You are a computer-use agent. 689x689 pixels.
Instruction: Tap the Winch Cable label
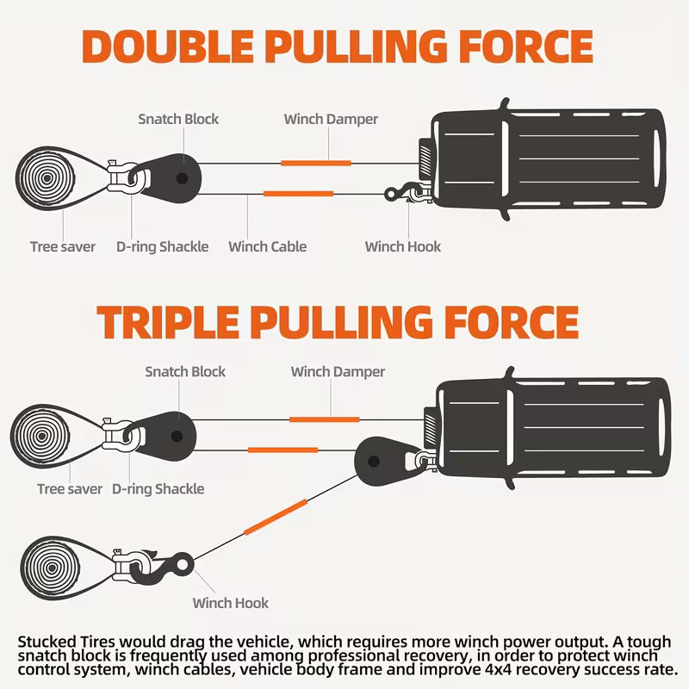(x=267, y=247)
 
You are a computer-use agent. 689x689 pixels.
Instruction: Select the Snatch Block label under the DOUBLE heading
(x=179, y=119)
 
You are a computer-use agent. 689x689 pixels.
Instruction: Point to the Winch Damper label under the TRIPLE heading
(x=338, y=372)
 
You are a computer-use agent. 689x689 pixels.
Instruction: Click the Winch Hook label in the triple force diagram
(x=231, y=603)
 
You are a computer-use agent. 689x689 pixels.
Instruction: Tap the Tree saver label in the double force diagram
(x=63, y=247)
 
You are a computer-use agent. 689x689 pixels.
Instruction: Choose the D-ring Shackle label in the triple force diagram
(x=158, y=489)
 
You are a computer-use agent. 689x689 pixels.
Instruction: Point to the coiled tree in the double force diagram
(x=43, y=178)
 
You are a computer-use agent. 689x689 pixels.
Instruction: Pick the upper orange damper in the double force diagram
(x=315, y=162)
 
